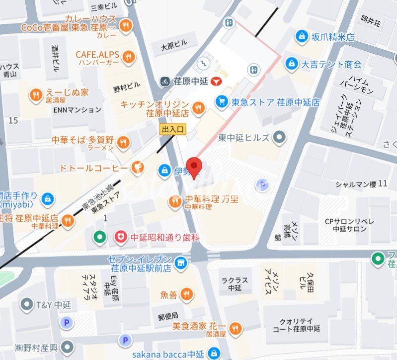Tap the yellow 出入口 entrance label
[172, 129]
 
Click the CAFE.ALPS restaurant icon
[129, 57]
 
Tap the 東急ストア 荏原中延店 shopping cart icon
[222, 102]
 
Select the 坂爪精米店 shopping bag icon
[302, 36]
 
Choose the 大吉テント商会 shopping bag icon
[292, 64]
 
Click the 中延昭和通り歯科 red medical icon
[120, 237]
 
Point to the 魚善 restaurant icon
[187, 294]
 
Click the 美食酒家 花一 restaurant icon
[236, 328]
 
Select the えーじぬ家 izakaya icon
[35, 95]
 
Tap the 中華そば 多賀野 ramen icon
[123, 143]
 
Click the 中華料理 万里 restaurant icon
[175, 201]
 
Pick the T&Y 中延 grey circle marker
[26, 304]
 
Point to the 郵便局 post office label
[168, 316]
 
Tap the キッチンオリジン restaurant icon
[199, 108]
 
